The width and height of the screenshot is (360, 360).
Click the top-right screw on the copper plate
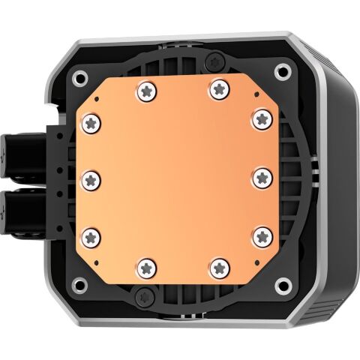[218, 88]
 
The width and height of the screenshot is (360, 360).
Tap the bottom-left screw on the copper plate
[144, 267]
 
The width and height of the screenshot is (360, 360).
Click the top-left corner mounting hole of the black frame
[77, 75]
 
